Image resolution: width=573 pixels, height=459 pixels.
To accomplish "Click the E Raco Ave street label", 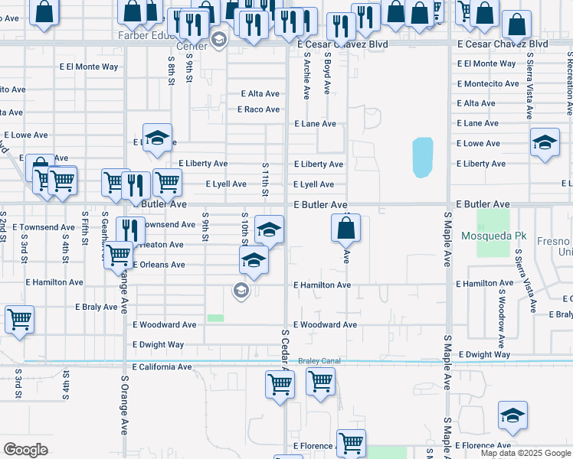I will [258, 109].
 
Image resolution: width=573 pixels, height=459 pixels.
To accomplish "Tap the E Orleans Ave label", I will [159, 265].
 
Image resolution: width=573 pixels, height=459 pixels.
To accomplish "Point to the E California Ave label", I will [162, 367].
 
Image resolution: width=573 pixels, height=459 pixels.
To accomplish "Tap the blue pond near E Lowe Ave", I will [423, 157].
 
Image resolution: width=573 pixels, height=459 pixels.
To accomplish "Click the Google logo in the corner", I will [25, 450].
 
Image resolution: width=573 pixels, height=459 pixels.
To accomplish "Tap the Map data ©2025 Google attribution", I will [526, 453].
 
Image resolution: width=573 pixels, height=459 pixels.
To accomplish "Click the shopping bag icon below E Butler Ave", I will [346, 227].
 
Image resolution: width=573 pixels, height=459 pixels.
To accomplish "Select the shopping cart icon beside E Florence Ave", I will [351, 441].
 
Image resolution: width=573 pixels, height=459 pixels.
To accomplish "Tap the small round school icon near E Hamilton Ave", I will [241, 289].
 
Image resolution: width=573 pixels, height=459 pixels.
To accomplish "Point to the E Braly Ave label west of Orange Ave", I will [96, 307].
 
